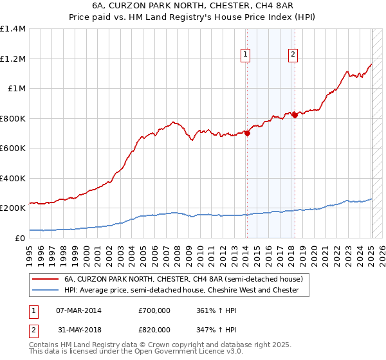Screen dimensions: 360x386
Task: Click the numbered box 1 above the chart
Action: [246, 55]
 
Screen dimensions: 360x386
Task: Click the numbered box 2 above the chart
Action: [293, 55]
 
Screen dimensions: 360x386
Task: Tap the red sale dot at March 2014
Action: [247, 133]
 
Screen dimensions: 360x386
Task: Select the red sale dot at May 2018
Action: [295, 115]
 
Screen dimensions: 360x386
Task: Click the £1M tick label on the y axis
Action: [17, 89]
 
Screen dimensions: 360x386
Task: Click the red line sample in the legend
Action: [46, 280]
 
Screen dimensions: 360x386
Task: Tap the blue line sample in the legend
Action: [46, 290]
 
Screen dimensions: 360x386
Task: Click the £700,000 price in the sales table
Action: [154, 310]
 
